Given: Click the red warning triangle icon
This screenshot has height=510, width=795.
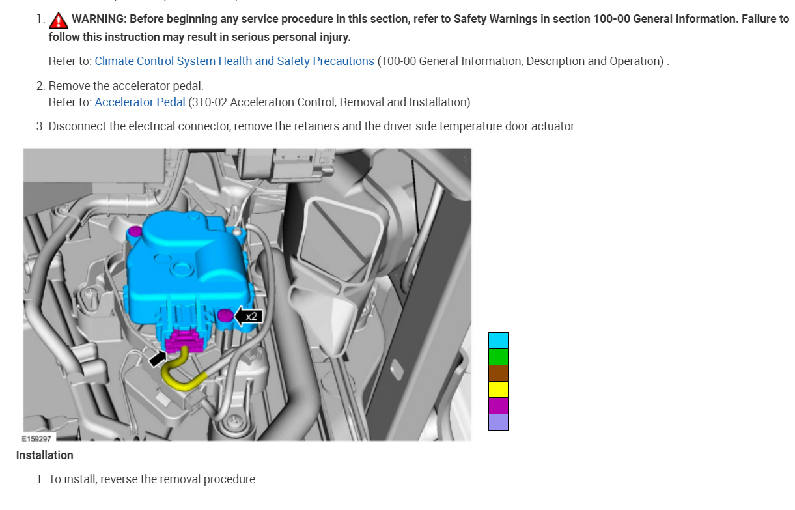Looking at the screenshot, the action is point(59,20).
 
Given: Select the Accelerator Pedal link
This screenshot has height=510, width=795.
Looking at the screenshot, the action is point(140,102).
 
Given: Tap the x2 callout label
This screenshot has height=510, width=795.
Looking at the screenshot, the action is point(251,317).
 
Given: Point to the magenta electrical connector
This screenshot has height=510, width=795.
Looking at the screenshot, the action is point(186,340).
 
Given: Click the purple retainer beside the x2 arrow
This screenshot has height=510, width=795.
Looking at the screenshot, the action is point(225,316).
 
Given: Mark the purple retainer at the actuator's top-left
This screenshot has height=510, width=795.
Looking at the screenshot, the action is point(135,231).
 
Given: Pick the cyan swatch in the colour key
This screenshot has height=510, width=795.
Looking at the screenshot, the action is point(498,341).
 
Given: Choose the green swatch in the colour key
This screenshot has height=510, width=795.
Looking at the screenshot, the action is point(498,357).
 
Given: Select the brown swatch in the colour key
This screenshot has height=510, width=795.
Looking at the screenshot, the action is point(498,373).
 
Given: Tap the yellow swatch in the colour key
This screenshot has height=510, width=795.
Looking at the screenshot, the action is point(498,390).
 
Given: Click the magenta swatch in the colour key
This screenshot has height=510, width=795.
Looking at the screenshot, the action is point(498,406).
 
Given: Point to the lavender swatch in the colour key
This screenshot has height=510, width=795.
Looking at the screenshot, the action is point(498,422).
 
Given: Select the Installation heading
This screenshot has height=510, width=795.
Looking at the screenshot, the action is point(45,455).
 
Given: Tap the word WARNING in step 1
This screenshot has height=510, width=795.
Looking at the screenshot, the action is point(98,19).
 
